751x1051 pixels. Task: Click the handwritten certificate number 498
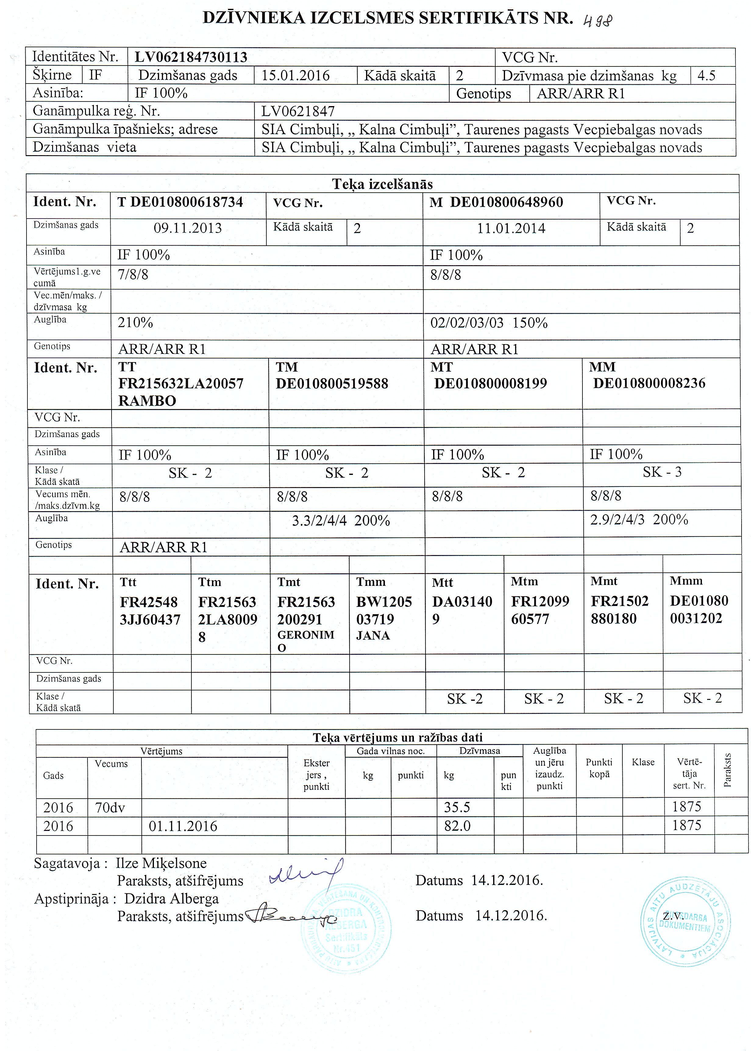[x=597, y=21]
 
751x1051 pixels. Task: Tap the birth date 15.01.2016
[x=296, y=75]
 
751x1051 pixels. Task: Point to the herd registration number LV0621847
[x=298, y=112]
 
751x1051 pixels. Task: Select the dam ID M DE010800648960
[x=496, y=202]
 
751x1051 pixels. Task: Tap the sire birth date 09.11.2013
[x=188, y=228]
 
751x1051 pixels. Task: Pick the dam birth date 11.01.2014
[x=511, y=228]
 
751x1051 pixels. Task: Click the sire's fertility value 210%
[x=135, y=322]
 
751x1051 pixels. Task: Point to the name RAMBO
[x=147, y=401]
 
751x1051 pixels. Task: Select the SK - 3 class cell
[x=662, y=472]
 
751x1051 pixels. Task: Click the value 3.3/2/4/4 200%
[x=341, y=521]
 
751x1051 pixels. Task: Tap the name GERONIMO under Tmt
[x=305, y=640]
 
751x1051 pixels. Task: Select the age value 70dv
[x=110, y=807]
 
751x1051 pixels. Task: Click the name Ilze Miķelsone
[x=161, y=863]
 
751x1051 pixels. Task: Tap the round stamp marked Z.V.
[x=685, y=923]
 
